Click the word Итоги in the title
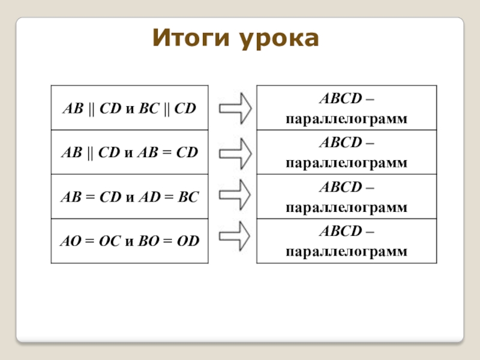(x=191, y=38)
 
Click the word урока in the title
(x=279, y=39)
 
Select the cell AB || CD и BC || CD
(x=130, y=108)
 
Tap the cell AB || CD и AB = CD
(x=130, y=152)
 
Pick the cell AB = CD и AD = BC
(x=130, y=197)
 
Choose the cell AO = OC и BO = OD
(x=130, y=241)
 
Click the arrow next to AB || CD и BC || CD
(x=235, y=109)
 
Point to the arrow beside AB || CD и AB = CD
(x=235, y=154)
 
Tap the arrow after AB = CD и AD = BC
(x=235, y=194)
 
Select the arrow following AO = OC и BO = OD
(x=235, y=236)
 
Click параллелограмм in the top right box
(x=347, y=119)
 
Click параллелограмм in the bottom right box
(x=347, y=252)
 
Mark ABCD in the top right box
(x=341, y=98)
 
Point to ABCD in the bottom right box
(x=341, y=231)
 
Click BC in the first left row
(x=149, y=109)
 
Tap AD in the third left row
(x=149, y=197)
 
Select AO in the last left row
(x=71, y=241)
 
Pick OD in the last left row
(x=188, y=241)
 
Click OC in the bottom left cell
(x=110, y=241)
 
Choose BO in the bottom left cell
(x=149, y=241)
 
